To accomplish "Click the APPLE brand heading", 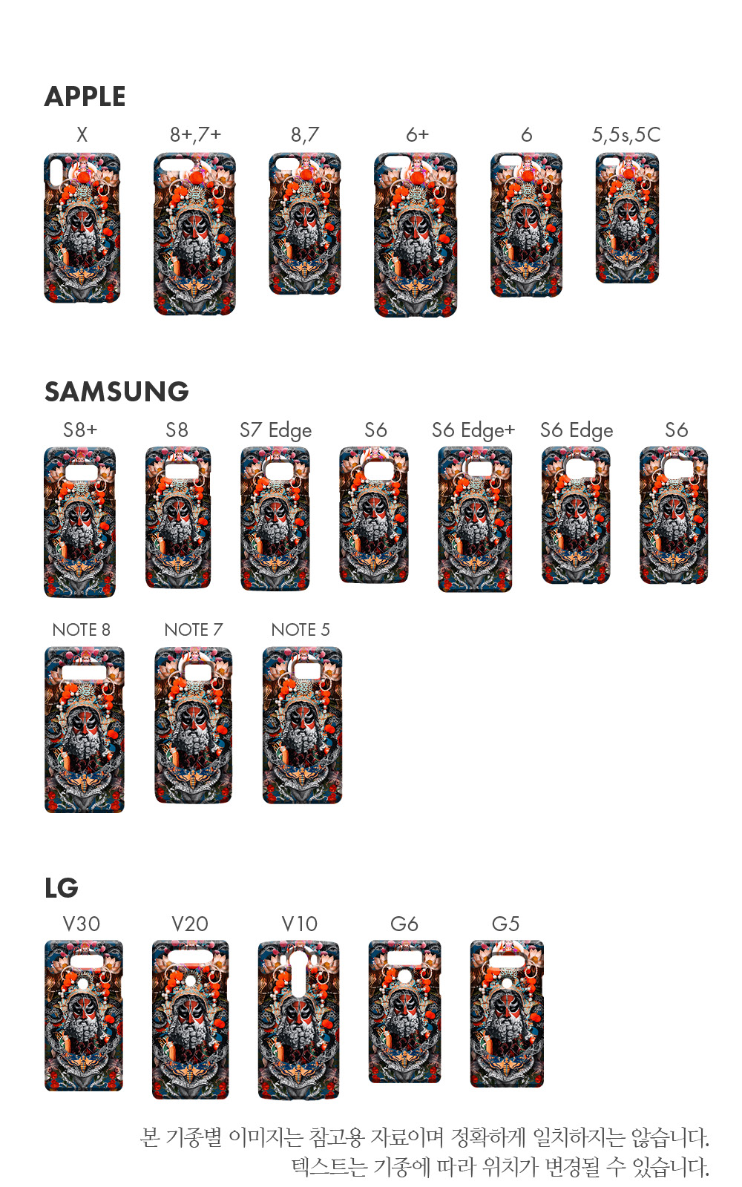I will click(x=85, y=96).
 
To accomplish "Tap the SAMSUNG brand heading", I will click(x=116, y=391).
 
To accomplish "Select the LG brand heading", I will click(x=61, y=887).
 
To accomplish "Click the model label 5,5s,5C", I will click(x=626, y=134).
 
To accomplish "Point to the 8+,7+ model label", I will click(x=195, y=134).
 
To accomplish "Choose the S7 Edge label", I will click(x=275, y=430).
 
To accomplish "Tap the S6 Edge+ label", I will click(x=473, y=430).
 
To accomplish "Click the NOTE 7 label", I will click(x=193, y=630).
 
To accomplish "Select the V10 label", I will click(x=299, y=924).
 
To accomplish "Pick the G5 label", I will click(x=505, y=924).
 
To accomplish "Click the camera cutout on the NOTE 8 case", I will click(x=83, y=672).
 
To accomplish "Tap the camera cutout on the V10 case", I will click(x=298, y=972).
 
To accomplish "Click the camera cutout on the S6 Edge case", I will click(x=577, y=467).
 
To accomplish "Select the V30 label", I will click(x=81, y=924).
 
